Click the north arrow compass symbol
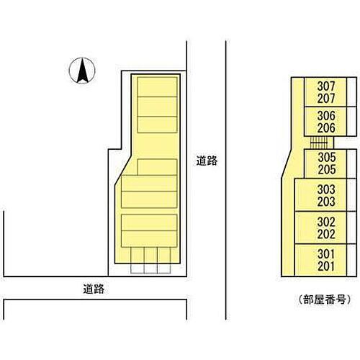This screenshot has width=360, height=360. (82, 71)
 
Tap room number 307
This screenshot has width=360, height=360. (326, 86)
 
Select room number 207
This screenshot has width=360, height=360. (326, 99)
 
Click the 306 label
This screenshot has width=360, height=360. (326, 116)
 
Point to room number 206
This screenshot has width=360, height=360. (326, 128)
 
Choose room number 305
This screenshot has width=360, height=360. (327, 158)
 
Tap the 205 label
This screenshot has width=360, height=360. (327, 169)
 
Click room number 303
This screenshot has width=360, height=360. (326, 189)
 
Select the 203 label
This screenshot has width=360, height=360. (326, 202)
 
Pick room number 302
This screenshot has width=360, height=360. (326, 222)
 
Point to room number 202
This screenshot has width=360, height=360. (326, 234)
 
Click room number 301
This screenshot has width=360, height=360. (326, 254)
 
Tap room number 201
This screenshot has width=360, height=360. (326, 266)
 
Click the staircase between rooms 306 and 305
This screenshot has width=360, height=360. (319, 143)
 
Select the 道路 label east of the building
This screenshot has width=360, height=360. (207, 161)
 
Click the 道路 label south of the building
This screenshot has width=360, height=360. (94, 289)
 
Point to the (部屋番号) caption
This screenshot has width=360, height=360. (325, 300)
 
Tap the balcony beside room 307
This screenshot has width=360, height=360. (351, 92)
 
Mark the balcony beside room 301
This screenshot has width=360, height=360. (351, 260)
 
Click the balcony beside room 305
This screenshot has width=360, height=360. (351, 163)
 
